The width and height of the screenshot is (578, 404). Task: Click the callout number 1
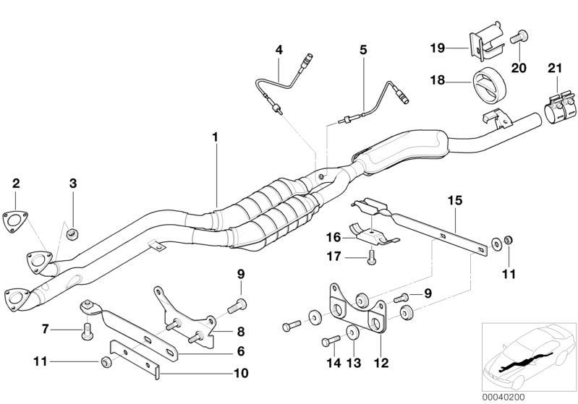click(214, 137)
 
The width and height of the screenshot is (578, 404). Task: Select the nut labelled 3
click(72, 233)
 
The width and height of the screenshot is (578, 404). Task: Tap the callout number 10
click(240, 374)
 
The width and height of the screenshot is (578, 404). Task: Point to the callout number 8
click(240, 332)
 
